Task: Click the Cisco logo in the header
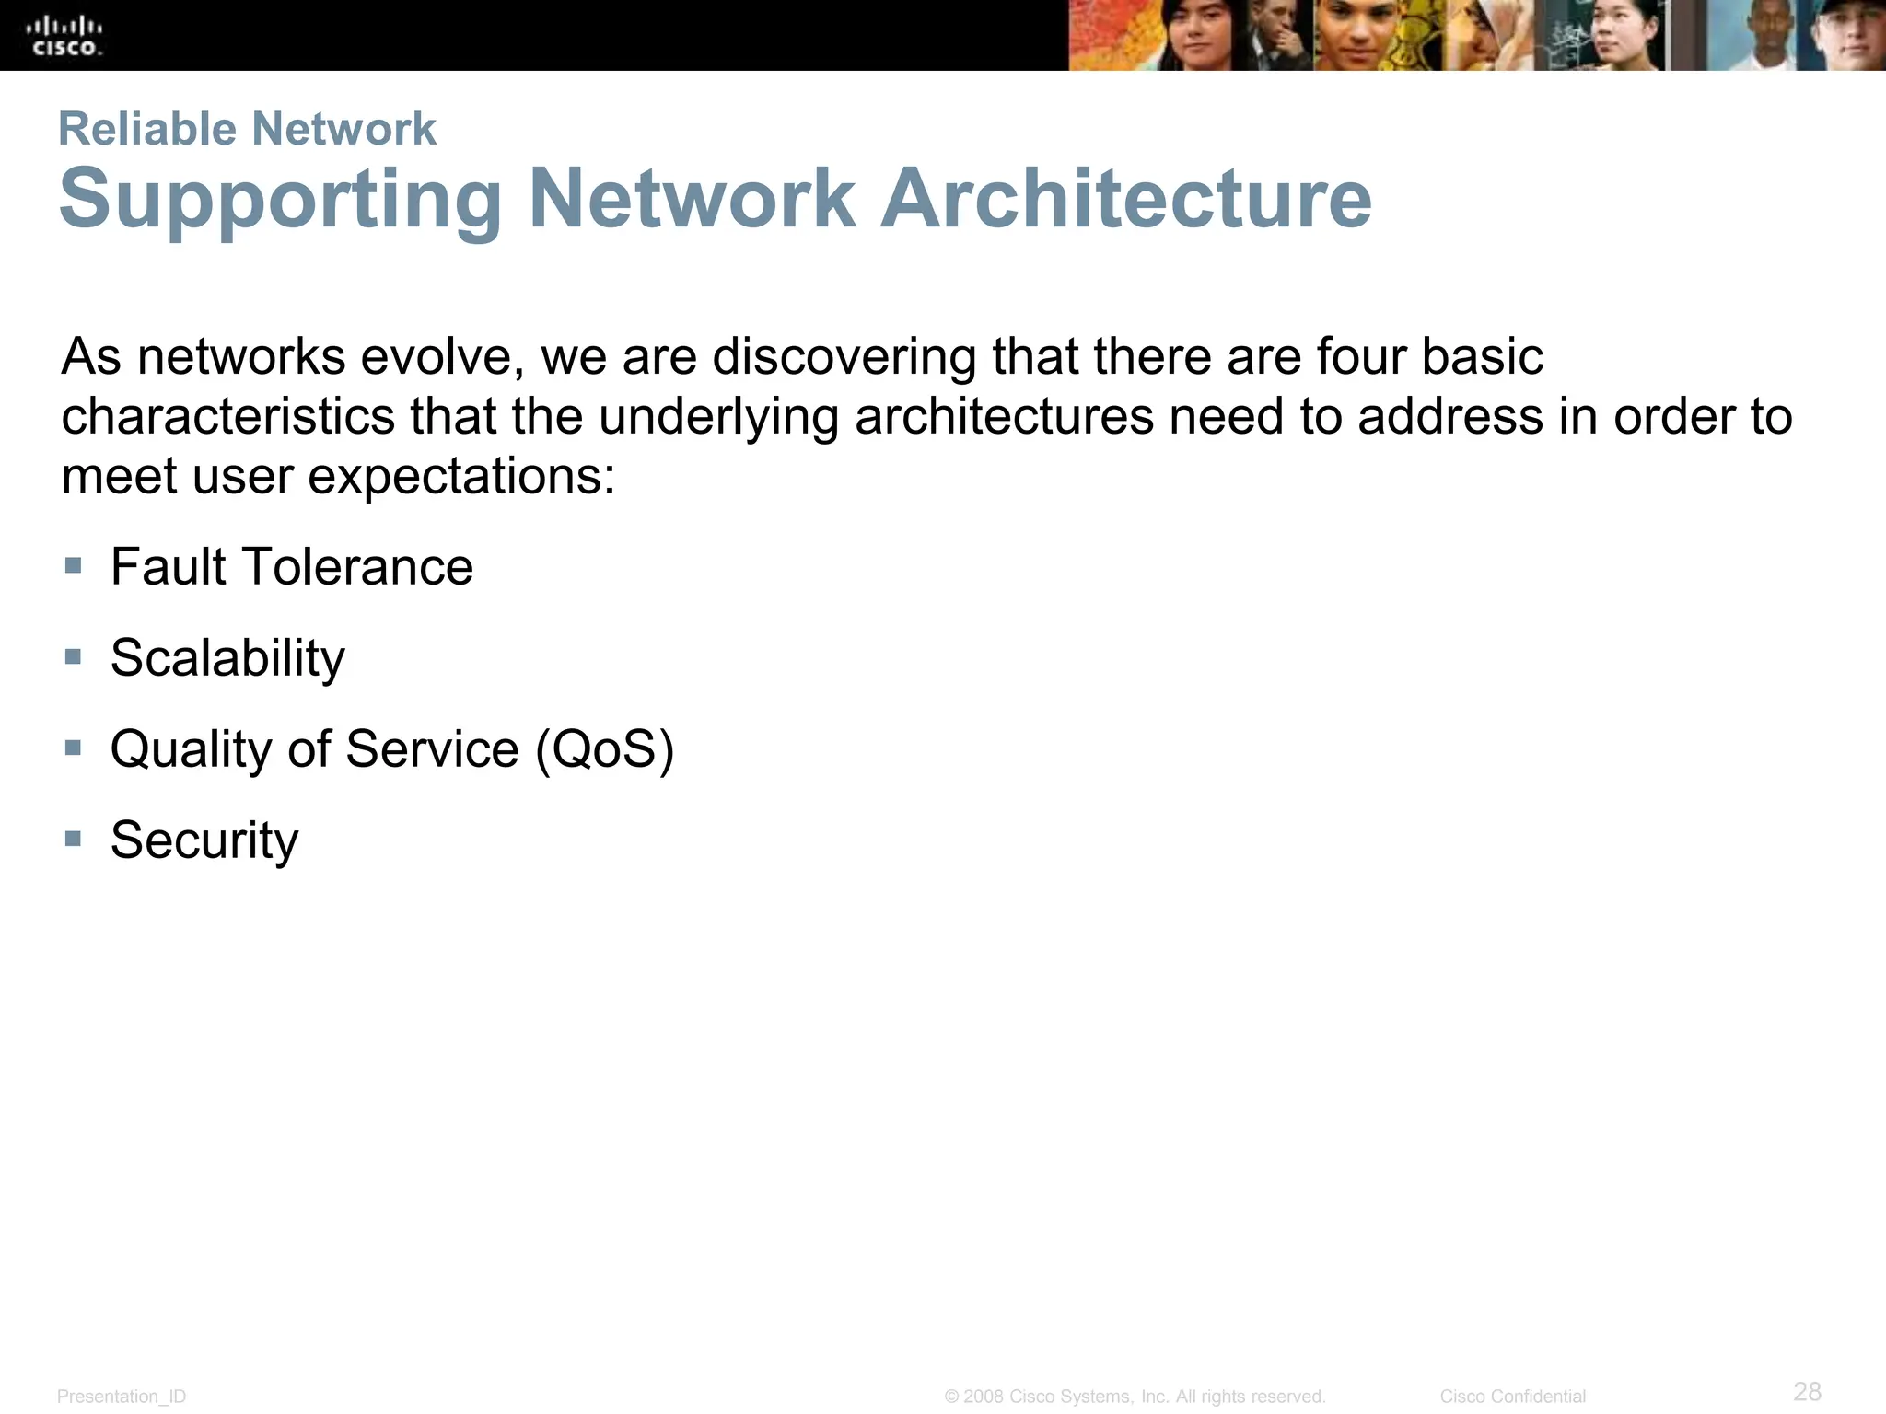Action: (x=64, y=36)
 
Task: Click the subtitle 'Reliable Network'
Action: (x=247, y=128)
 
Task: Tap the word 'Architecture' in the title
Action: (x=1125, y=199)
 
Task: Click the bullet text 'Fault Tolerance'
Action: (x=291, y=566)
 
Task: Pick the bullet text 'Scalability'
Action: (x=227, y=658)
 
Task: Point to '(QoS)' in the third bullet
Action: (x=604, y=748)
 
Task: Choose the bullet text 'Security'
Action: (x=204, y=840)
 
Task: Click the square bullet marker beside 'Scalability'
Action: (x=74, y=656)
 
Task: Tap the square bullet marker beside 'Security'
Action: (x=74, y=839)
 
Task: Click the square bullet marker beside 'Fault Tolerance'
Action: (x=74, y=564)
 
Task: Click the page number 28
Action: (x=1807, y=1391)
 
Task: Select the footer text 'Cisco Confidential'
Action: (x=1512, y=1397)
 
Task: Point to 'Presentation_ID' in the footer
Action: (x=122, y=1397)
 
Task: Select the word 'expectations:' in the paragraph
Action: (x=460, y=479)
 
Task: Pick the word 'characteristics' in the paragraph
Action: (x=227, y=417)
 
